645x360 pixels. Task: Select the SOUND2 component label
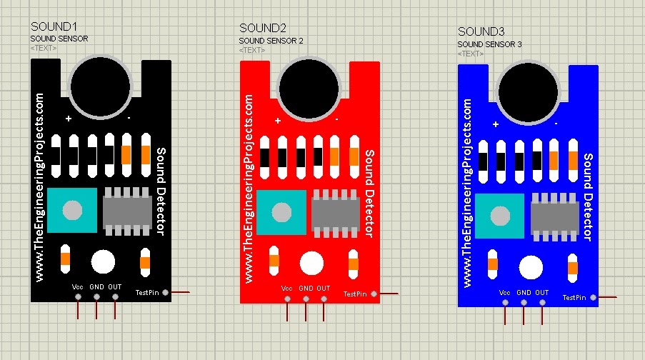(x=263, y=29)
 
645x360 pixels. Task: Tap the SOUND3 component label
(x=481, y=31)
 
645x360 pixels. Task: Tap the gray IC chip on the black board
(x=128, y=209)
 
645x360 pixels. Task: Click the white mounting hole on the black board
(x=104, y=261)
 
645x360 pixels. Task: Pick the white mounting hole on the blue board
(x=531, y=267)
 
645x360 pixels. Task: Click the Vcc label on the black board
(x=78, y=286)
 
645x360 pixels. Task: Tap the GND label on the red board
(x=306, y=289)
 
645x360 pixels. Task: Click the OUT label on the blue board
(x=542, y=293)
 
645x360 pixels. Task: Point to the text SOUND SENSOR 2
(x=271, y=41)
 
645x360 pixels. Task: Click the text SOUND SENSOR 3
(x=489, y=44)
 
